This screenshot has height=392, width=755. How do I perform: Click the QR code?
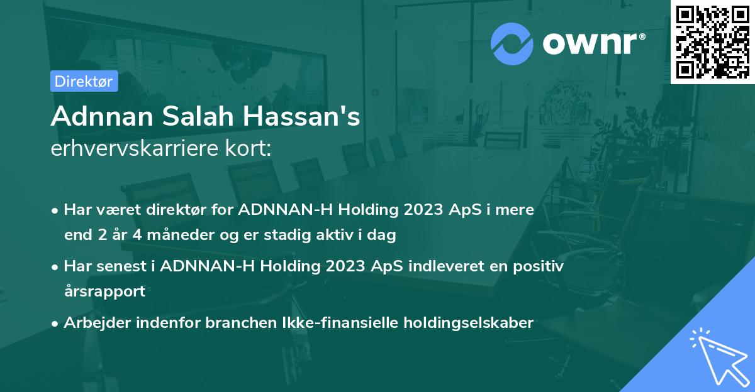pos(712,41)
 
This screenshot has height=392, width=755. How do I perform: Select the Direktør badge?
pos(84,81)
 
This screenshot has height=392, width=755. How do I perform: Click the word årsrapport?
pos(104,291)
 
